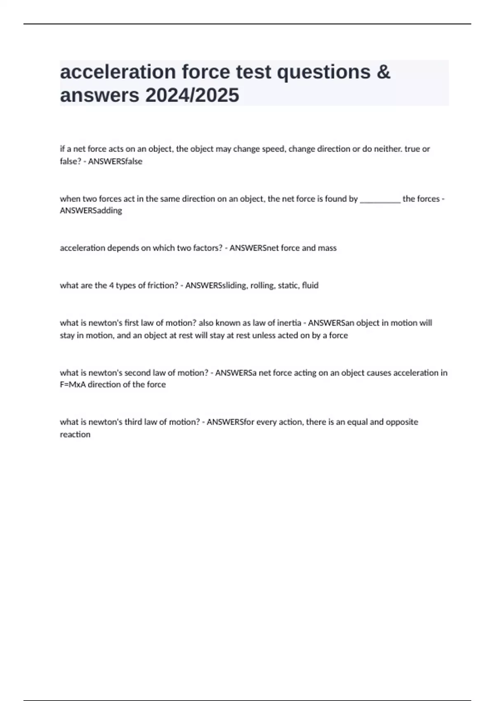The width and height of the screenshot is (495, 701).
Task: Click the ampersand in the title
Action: pyautogui.click(x=383, y=72)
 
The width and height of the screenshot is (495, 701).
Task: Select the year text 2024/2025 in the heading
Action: pyautogui.click(x=192, y=96)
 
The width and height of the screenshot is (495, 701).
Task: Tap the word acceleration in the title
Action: pyautogui.click(x=118, y=72)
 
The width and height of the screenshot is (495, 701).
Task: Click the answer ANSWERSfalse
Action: pyautogui.click(x=115, y=162)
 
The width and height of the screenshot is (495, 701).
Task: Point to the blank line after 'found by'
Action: pyautogui.click(x=380, y=200)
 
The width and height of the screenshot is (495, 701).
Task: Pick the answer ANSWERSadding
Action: pyautogui.click(x=91, y=211)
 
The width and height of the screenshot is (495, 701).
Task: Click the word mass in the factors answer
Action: pyautogui.click(x=328, y=248)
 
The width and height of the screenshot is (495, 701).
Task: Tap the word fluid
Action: pyautogui.click(x=310, y=285)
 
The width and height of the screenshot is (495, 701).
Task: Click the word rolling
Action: pyautogui.click(x=262, y=285)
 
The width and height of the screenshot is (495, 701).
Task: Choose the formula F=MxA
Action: pyautogui.click(x=73, y=385)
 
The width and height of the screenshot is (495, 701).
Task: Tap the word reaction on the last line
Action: pyautogui.click(x=75, y=435)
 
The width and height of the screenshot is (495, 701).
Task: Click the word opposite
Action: pyautogui.click(x=402, y=422)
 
